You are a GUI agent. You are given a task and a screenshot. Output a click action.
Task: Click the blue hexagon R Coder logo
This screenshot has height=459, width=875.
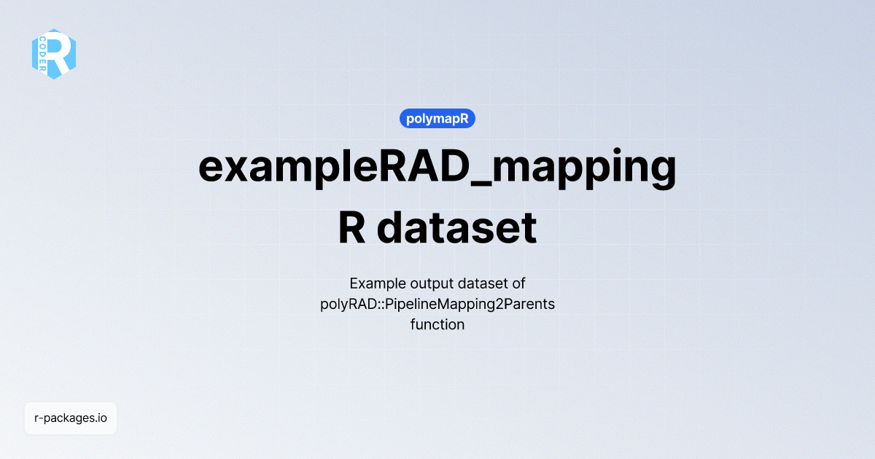(54, 54)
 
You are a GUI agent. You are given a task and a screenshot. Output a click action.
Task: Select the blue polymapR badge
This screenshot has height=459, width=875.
(437, 118)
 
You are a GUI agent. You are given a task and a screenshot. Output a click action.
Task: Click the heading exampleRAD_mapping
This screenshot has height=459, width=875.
(437, 168)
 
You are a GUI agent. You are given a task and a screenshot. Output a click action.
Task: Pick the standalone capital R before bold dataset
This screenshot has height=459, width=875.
(352, 227)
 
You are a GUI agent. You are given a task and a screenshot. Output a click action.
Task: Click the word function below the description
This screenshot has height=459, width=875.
(437, 324)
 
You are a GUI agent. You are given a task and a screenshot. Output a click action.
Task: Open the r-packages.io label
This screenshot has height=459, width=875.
(71, 418)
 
